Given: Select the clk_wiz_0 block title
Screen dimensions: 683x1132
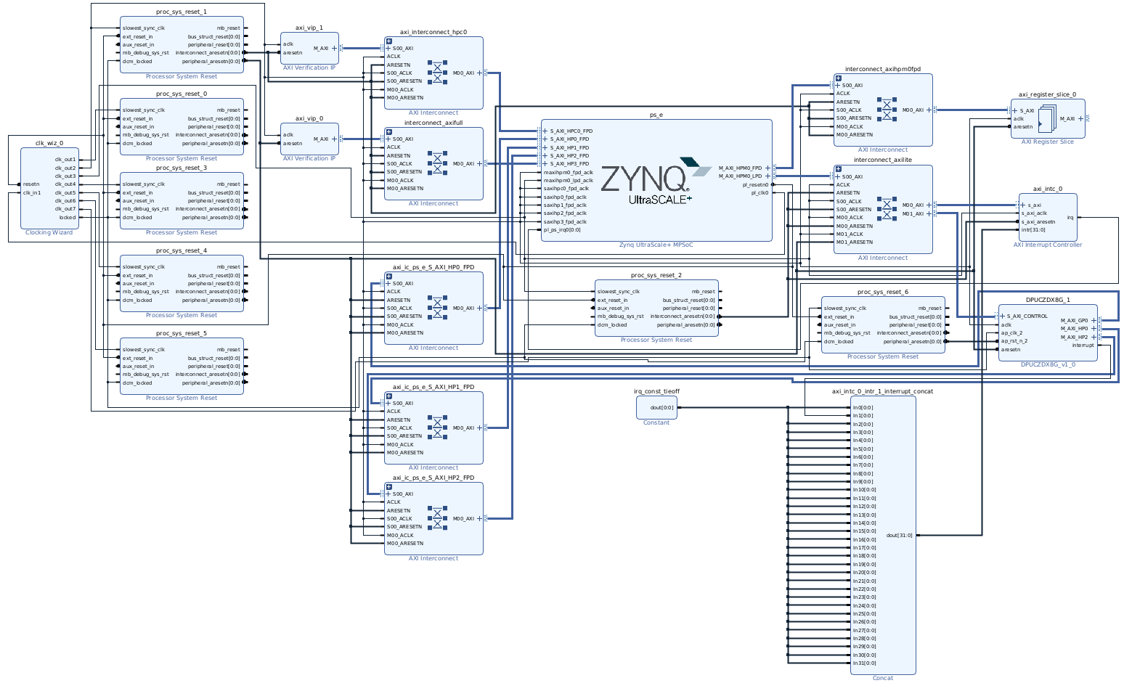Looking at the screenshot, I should [x=49, y=143].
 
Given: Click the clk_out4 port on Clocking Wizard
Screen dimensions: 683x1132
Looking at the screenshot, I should [x=65, y=184].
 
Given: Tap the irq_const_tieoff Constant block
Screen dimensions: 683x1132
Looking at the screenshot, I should [x=656, y=407].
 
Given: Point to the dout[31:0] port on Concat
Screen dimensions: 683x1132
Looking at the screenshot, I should [x=899, y=536].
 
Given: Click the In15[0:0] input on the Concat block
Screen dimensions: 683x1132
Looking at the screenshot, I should [x=864, y=531].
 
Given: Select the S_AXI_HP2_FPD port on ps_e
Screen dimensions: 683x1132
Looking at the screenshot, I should [x=569, y=155].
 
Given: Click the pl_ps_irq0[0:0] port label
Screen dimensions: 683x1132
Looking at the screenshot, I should [x=563, y=230].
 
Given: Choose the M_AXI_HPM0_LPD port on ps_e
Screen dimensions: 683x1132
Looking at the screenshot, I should [x=741, y=176].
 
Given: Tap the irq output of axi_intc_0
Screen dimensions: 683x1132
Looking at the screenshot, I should [x=1070, y=217].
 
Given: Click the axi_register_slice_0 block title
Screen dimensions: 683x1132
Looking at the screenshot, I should [x=1047, y=94].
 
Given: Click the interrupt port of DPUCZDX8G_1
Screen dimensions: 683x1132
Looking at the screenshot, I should [x=1083, y=345].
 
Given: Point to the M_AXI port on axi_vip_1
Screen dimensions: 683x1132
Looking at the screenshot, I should [x=321, y=49].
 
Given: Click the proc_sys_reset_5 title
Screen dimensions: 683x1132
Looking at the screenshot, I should [x=182, y=333].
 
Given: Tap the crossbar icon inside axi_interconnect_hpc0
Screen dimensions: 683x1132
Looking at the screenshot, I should [x=437, y=73].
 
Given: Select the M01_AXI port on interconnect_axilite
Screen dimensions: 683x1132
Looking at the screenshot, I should [x=913, y=214].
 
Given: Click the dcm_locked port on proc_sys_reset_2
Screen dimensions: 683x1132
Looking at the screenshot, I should [x=613, y=325].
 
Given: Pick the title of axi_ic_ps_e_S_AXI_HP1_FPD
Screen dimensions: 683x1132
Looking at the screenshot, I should [x=433, y=387].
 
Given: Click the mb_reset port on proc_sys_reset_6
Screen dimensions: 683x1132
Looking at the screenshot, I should [x=929, y=308].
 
